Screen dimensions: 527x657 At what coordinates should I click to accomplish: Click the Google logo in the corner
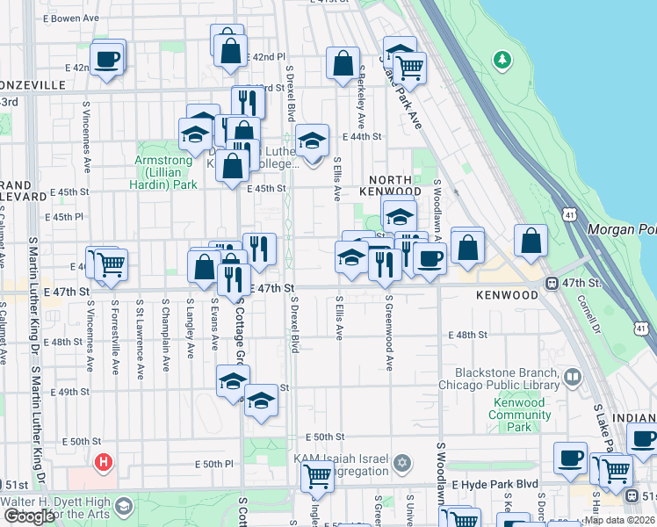coord(29,516)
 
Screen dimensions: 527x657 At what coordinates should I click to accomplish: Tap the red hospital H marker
coord(104,460)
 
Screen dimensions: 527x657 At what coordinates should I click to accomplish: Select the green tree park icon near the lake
coord(502,60)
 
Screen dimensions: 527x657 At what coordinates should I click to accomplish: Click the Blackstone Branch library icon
coord(573,378)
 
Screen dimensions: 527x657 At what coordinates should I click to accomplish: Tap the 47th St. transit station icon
coord(552,283)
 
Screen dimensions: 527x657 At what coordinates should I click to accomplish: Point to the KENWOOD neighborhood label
coord(507,296)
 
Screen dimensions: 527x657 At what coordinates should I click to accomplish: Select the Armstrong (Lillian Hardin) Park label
coord(165,172)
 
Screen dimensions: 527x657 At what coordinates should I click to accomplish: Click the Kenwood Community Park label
coord(519,415)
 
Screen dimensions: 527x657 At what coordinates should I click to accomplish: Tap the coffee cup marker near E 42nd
coord(108,59)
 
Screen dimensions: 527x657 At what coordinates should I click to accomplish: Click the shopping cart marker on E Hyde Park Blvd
coord(316,477)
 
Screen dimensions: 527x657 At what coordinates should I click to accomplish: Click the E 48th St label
coord(467,335)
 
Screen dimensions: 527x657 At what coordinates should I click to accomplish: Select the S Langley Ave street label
coord(191,328)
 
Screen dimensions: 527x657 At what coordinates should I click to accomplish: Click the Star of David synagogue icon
coord(402,462)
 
